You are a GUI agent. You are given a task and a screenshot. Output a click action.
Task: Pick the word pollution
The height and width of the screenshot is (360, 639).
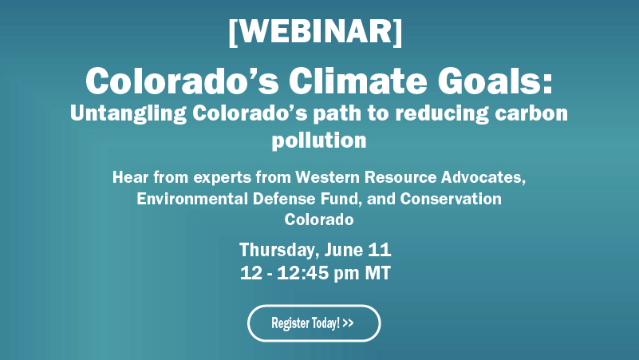(x=319, y=140)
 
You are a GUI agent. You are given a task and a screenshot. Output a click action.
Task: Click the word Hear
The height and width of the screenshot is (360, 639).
(x=130, y=176)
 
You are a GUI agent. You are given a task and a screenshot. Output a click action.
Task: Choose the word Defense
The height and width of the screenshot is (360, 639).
(x=281, y=198)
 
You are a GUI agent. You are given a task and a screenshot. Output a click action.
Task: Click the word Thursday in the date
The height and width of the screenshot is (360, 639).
(x=276, y=250)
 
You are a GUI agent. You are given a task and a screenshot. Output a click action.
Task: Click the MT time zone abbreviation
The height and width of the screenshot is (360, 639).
(x=377, y=273)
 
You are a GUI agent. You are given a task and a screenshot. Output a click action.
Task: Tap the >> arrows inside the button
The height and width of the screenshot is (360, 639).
(x=348, y=323)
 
